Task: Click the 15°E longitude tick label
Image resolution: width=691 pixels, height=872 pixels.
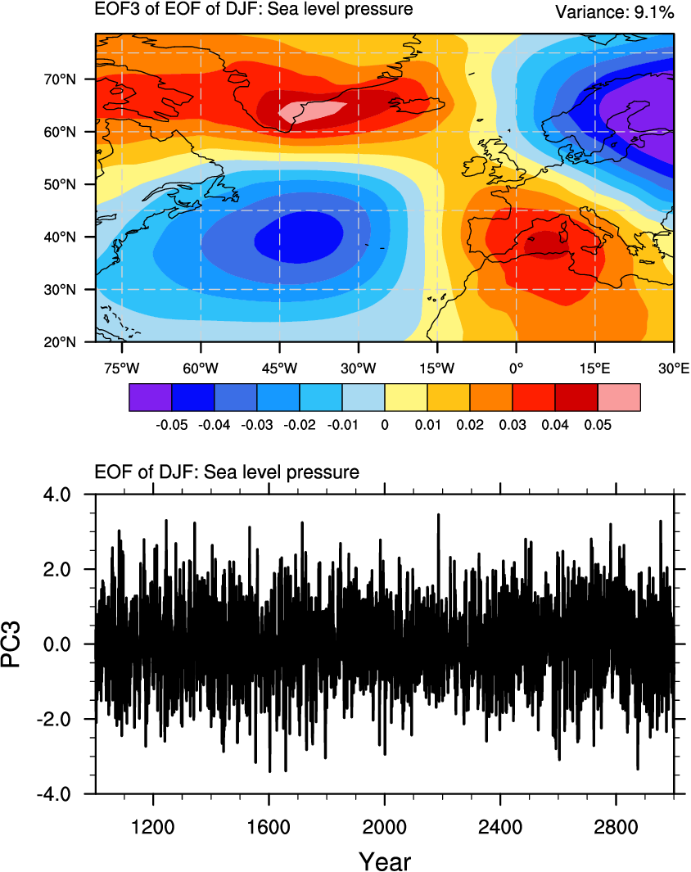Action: click(594, 368)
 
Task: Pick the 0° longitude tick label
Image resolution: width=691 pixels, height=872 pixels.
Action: click(516, 368)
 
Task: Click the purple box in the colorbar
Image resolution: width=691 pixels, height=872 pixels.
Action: click(151, 397)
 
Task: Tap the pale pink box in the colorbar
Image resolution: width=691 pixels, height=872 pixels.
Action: click(619, 397)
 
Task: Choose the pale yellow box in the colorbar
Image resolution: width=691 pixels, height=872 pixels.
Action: click(406, 397)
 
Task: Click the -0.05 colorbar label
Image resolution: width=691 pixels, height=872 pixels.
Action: click(172, 426)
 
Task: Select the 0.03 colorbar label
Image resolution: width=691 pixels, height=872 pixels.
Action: click(513, 426)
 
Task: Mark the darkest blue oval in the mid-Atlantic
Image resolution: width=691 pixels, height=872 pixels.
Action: click(299, 237)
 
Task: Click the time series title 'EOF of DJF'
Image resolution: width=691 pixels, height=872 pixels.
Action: click(228, 472)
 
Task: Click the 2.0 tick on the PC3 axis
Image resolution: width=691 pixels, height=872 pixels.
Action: click(60, 569)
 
